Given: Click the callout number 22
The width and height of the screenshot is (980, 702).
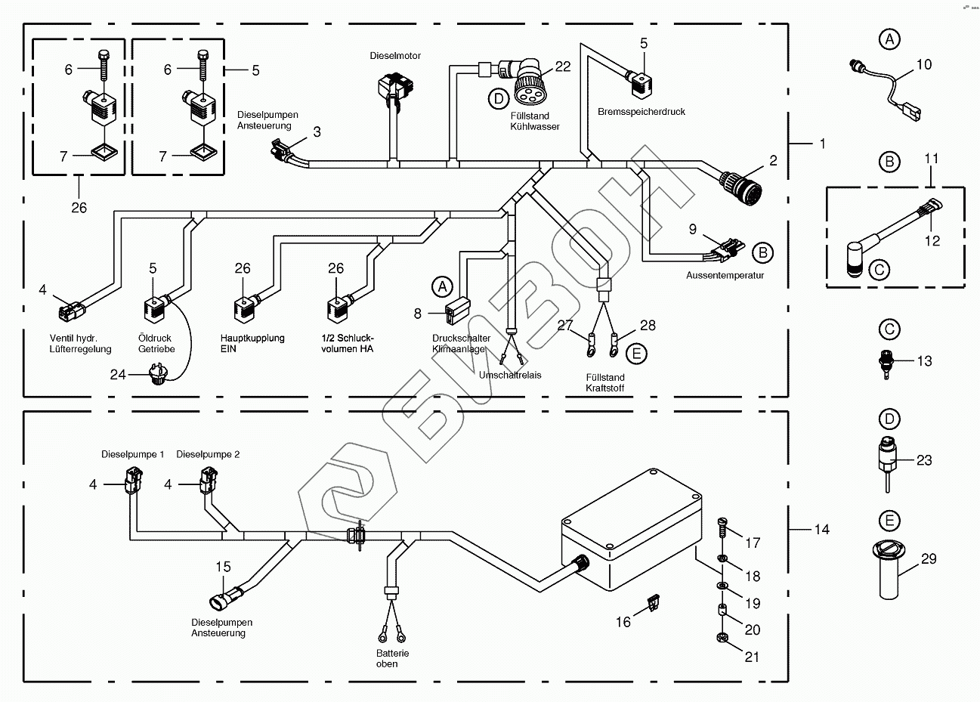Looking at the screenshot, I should [x=563, y=66].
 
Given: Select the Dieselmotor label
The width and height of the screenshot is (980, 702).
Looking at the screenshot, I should [x=395, y=56].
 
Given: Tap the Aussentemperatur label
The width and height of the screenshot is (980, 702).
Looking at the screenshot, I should [x=725, y=275].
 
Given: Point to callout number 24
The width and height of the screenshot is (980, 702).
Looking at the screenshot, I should [x=118, y=373].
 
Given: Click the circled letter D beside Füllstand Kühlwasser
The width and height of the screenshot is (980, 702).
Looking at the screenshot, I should [x=498, y=97].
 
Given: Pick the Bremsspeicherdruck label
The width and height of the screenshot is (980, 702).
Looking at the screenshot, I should [x=641, y=112].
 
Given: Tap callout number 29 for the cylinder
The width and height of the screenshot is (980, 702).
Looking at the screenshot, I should [x=929, y=558].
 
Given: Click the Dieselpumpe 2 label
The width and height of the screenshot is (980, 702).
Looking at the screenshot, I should [x=208, y=454].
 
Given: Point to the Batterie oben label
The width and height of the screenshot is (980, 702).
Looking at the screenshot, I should [x=392, y=658].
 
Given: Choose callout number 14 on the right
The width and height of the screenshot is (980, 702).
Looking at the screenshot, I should [x=821, y=530].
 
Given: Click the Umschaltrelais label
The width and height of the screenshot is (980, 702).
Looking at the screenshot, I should [x=510, y=375].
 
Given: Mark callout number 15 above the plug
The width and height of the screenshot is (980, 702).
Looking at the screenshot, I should [x=223, y=567].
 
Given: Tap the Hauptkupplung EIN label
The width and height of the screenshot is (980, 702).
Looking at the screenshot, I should [x=252, y=344].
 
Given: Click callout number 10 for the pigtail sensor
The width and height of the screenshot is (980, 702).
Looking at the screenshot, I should [x=924, y=65].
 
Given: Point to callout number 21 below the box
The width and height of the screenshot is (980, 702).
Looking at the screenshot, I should [x=752, y=657].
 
